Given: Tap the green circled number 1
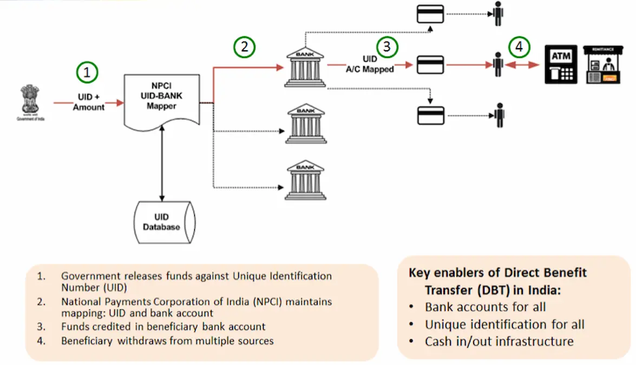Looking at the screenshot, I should click(88, 72).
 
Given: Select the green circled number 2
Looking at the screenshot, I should click(244, 47).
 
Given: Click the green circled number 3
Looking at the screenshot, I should click(386, 47).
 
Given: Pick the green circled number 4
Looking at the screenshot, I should click(519, 47).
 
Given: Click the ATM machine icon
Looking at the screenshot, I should click(560, 64).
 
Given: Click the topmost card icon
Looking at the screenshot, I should click(430, 14).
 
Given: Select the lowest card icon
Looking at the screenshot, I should click(430, 115).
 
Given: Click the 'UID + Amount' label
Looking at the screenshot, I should click(89, 102).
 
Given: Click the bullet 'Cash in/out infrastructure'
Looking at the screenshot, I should click(499, 341).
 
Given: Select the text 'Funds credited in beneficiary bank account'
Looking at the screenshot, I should click(163, 327).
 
